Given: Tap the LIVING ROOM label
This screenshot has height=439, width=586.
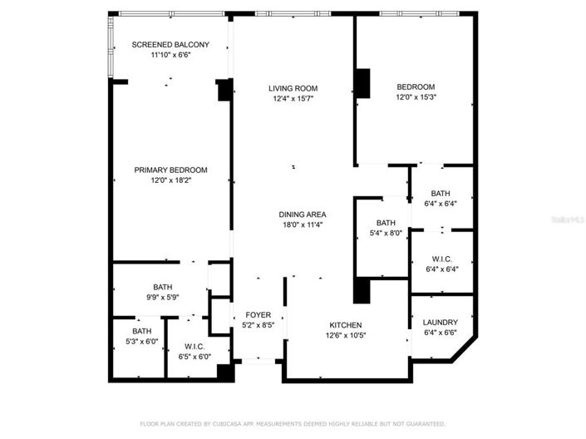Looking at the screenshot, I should pos(293,87).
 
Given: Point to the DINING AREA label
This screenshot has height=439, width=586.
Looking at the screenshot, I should pos(302,215).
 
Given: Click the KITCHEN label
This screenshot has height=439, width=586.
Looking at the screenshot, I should pos(345,324).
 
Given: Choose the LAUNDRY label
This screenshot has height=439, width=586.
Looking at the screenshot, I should pos(441,323).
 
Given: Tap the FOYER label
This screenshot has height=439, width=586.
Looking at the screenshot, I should pos(259,315).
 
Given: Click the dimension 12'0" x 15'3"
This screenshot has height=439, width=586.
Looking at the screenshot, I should pos(416,97).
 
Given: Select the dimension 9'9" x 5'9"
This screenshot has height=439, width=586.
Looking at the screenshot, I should pos(162,297).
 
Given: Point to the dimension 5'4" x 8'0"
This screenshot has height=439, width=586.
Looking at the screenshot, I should pos(386,233).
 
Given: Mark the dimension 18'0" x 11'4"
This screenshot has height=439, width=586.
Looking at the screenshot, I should pos(302,224).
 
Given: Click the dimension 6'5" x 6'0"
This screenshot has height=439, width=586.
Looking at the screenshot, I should pos(195,356).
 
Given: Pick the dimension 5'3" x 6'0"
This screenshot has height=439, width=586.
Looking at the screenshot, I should pos(140,340).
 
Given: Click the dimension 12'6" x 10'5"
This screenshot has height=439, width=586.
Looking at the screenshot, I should pos(345,335).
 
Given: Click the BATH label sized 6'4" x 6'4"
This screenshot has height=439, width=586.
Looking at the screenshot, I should pos(441,193).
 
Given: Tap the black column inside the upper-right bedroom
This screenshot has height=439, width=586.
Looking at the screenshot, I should pos(362,82).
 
